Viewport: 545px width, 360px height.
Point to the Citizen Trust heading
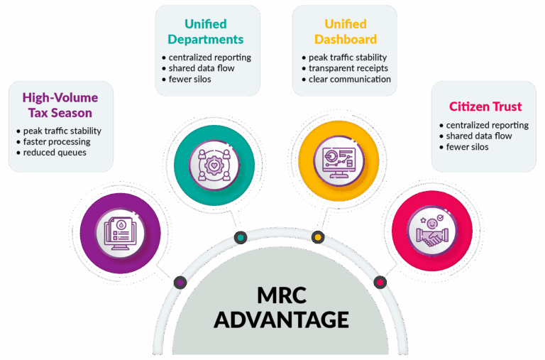click(x=485, y=107)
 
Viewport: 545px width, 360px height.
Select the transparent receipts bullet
click(x=348, y=68)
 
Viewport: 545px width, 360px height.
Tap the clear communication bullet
click(x=349, y=79)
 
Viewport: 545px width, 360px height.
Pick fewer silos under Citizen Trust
click(x=468, y=147)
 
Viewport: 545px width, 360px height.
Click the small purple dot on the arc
click(x=180, y=282)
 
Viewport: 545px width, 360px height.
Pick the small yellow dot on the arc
click(x=318, y=236)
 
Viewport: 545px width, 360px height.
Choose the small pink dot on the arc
click(x=380, y=282)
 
